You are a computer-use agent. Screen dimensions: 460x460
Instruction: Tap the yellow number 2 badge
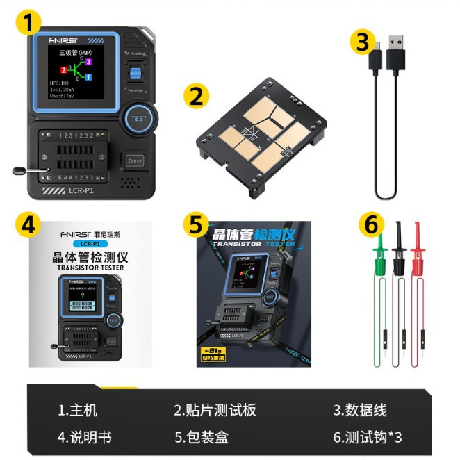pos(197,95)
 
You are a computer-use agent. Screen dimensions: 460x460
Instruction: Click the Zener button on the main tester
pos(135,161)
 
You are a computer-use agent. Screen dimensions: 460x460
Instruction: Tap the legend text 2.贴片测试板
pos(215,410)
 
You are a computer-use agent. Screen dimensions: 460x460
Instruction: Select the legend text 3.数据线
pos(360,410)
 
